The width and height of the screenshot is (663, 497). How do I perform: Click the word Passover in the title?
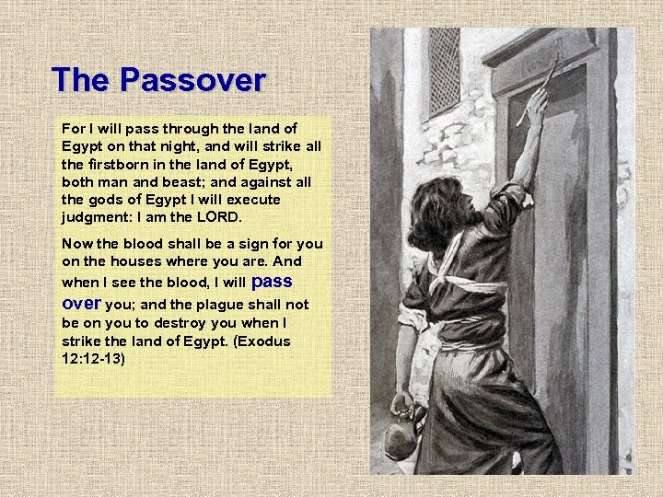[195, 80]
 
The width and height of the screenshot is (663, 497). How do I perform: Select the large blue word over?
[81, 302]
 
